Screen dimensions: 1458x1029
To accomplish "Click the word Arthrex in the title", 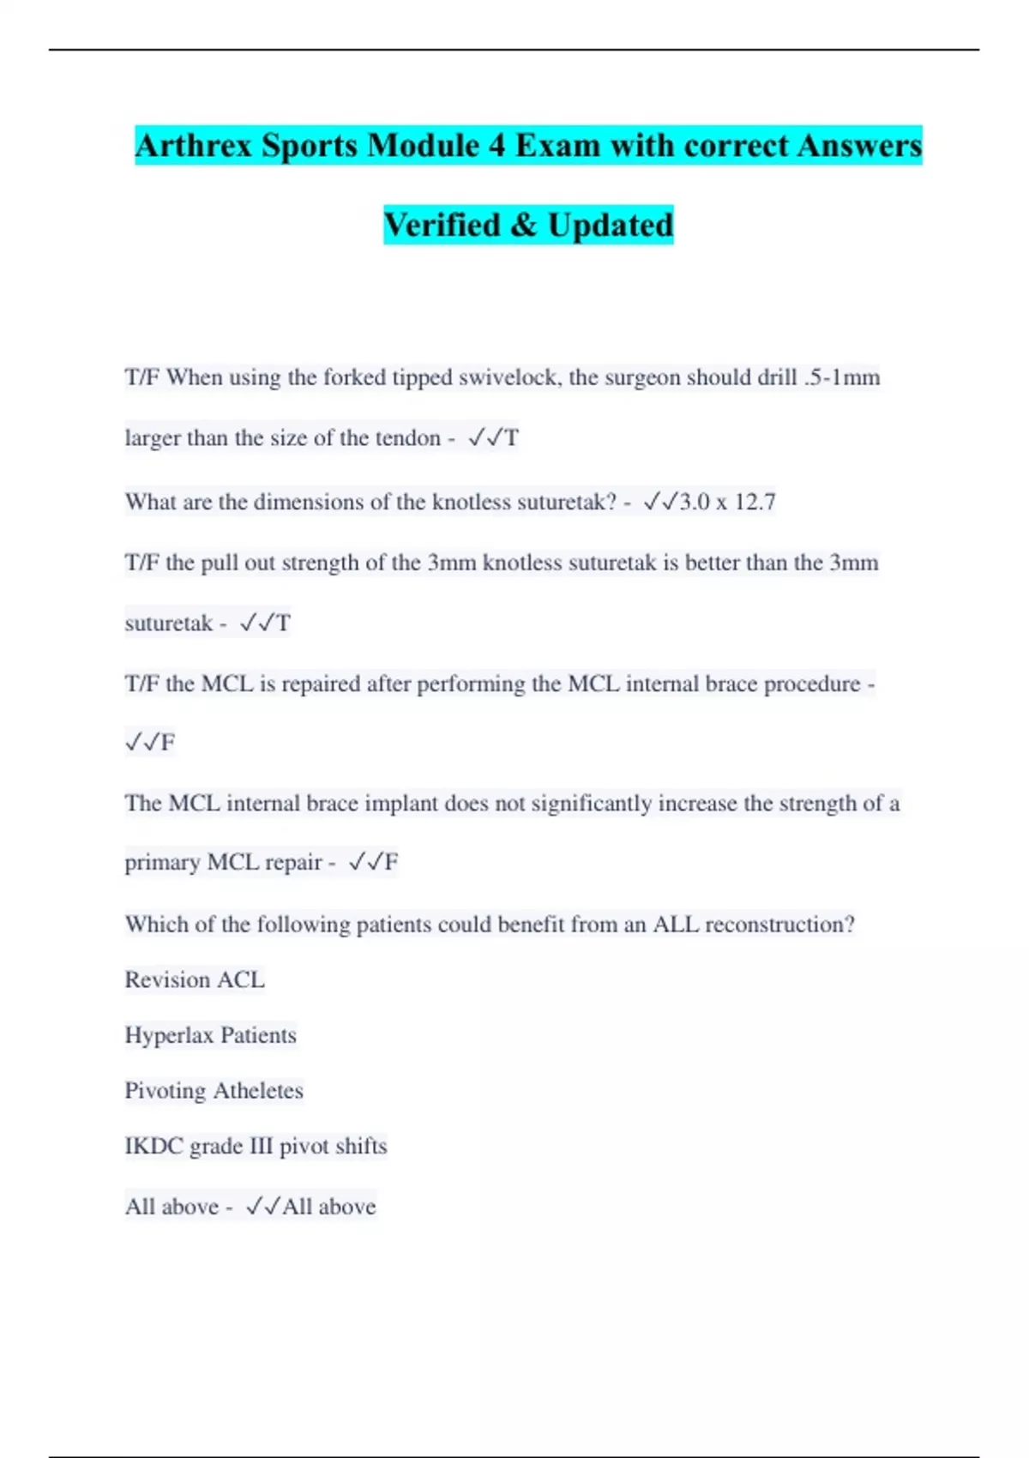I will (194, 145).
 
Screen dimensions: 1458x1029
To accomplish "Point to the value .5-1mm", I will (842, 377).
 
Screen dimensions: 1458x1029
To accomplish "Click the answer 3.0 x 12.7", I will (727, 502).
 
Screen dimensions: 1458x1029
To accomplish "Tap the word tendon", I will (407, 438).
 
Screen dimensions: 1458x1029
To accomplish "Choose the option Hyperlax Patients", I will (210, 1035).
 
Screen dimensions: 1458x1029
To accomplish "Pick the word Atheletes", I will (258, 1091).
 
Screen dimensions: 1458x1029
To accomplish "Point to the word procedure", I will (811, 684).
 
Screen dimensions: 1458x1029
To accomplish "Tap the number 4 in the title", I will (497, 145).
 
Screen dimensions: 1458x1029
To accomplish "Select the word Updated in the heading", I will (611, 225).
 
